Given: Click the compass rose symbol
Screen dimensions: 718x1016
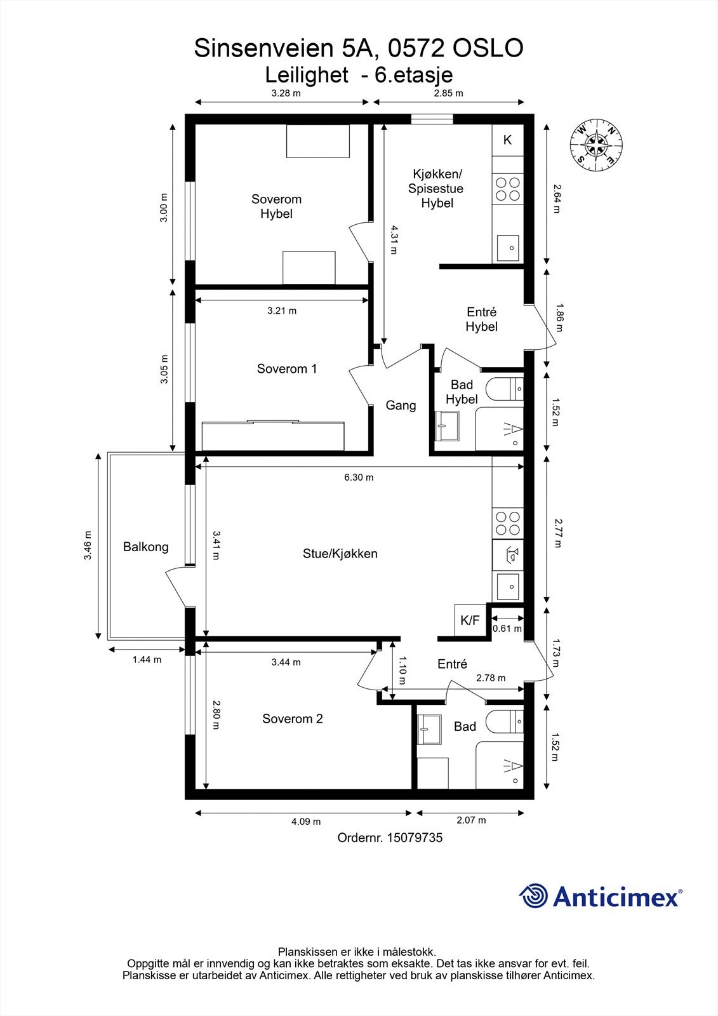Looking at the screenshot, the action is click(596, 145).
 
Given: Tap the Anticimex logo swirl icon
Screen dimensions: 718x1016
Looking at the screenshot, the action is click(533, 895).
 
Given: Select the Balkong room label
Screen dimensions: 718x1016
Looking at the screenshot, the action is click(145, 547).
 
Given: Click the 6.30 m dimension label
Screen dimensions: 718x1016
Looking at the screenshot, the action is click(359, 477).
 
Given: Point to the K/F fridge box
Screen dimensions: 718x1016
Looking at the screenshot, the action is click(470, 620).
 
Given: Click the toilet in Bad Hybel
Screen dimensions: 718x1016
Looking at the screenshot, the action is click(504, 389).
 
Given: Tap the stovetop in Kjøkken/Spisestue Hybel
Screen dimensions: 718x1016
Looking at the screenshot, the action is click(507, 189).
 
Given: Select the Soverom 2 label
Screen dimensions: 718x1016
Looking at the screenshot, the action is click(293, 719).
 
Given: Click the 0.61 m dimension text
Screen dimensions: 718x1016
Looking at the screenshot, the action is click(507, 629).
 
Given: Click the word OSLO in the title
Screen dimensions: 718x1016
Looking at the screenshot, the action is click(488, 48).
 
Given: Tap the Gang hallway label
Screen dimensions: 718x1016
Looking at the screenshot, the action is click(401, 405).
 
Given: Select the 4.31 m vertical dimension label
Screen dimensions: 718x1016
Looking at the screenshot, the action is click(394, 239).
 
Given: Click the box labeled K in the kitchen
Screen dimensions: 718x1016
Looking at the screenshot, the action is click(507, 140).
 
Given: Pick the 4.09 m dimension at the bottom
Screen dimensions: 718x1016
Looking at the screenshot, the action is click(306, 822).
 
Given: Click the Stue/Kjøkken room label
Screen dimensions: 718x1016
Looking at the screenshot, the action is click(340, 554).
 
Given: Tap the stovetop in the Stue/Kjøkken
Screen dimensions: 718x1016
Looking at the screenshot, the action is click(507, 524).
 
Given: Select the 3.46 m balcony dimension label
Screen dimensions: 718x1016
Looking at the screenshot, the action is click(88, 545).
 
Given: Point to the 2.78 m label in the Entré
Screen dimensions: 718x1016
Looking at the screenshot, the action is click(491, 678).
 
